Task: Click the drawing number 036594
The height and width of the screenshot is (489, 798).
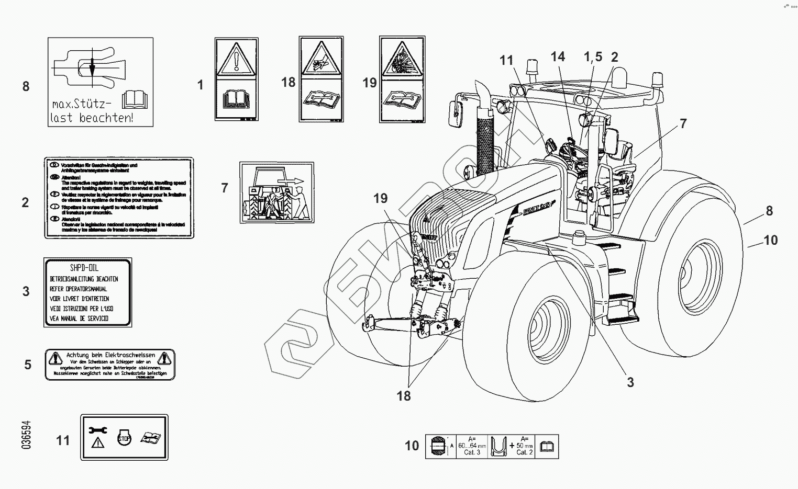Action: [x=26, y=435]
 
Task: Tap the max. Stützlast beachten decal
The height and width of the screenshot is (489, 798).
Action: [x=101, y=82]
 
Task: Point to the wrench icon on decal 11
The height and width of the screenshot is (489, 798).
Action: [x=98, y=430]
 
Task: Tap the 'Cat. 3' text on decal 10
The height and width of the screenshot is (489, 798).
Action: [x=472, y=452]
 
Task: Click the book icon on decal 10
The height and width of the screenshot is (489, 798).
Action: [x=547, y=447]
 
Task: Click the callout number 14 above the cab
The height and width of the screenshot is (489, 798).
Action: [x=558, y=56]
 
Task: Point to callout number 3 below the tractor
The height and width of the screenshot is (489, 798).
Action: [x=630, y=382]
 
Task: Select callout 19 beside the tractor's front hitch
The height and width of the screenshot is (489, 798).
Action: [x=381, y=198]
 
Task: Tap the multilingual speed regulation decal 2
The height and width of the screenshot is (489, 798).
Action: [x=118, y=198]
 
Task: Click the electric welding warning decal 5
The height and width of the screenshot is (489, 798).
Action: [x=110, y=365]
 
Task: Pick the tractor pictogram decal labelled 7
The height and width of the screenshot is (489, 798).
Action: [x=276, y=192]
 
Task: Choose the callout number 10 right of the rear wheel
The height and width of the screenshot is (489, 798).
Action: [x=770, y=240]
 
